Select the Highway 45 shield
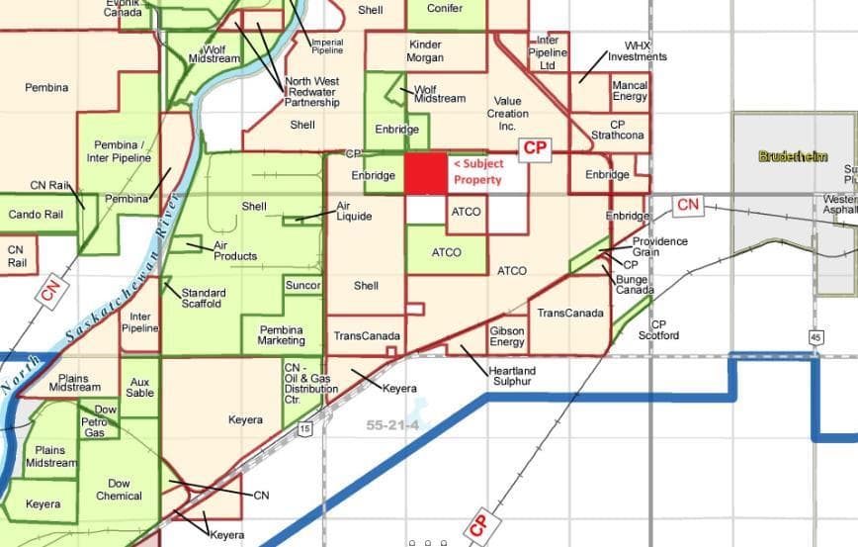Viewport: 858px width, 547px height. pyautogui.click(x=815, y=337)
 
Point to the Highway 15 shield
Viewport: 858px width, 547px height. pyautogui.click(x=304, y=428)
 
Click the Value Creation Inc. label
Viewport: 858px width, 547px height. pyautogui.click(x=507, y=114)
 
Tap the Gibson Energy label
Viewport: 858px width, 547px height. pyautogui.click(x=507, y=336)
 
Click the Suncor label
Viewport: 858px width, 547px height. pyautogui.click(x=302, y=286)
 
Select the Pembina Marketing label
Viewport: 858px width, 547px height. pyautogui.click(x=282, y=335)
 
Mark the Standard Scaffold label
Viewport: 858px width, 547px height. pyautogui.click(x=203, y=298)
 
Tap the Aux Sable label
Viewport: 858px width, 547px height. pyautogui.click(x=139, y=387)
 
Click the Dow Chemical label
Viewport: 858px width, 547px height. pyautogui.click(x=119, y=490)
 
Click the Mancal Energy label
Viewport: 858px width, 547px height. pyautogui.click(x=630, y=91)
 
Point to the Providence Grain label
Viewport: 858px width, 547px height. pyautogui.click(x=659, y=246)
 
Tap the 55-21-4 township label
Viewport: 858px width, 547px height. pyautogui.click(x=394, y=424)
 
